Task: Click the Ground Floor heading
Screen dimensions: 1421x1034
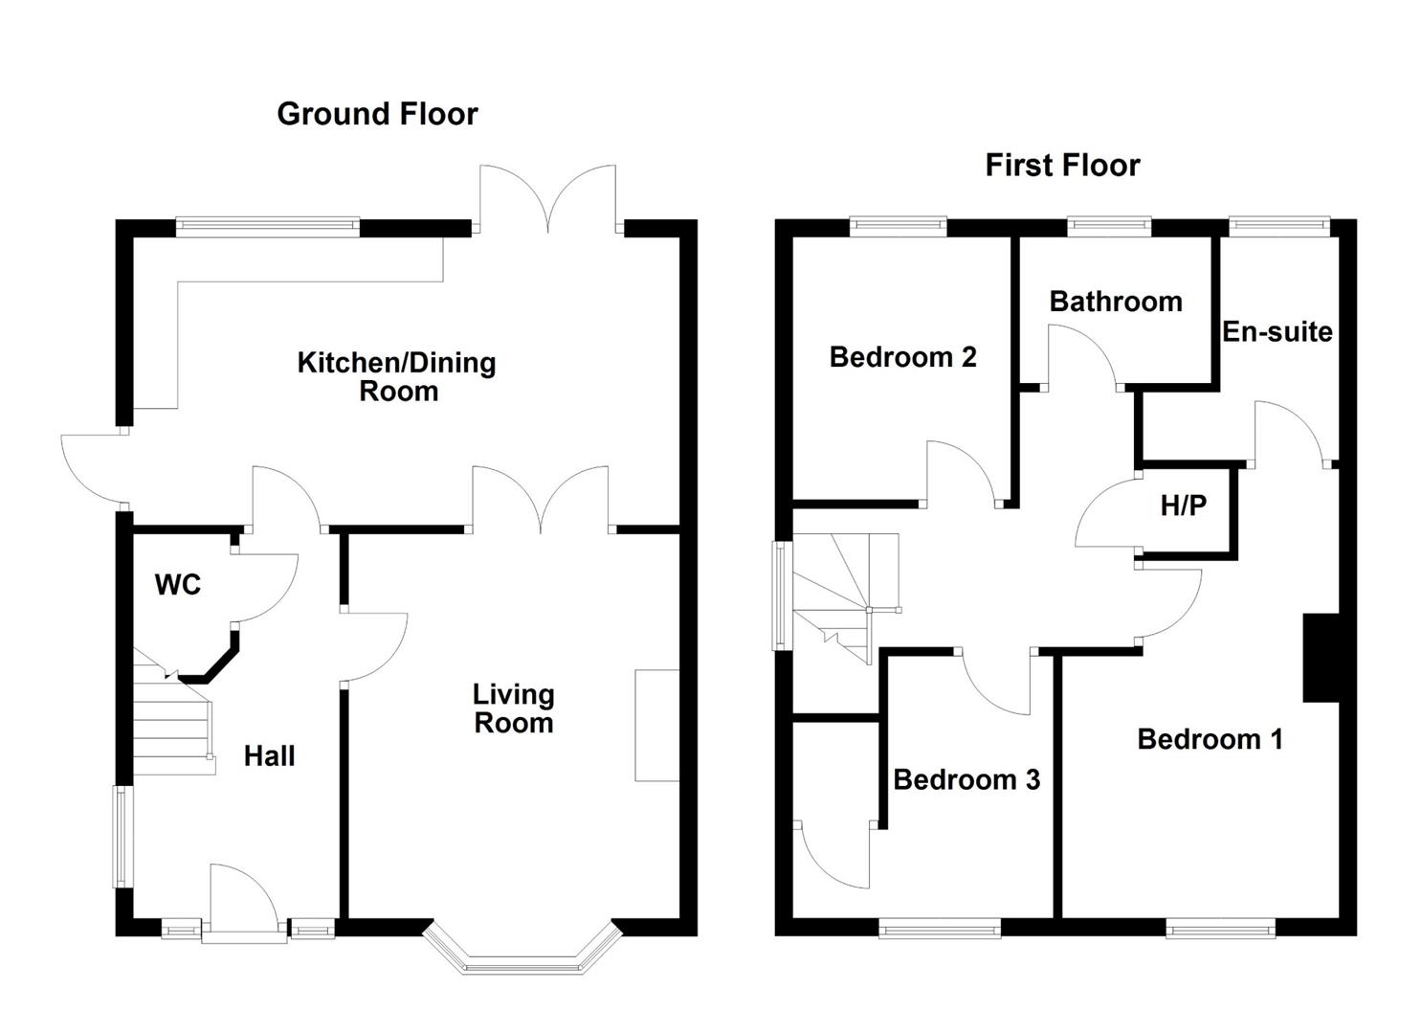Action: tap(377, 114)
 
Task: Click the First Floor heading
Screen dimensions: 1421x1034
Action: tap(1062, 165)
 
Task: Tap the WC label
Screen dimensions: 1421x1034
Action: tap(178, 585)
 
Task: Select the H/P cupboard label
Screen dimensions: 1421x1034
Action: tap(1184, 506)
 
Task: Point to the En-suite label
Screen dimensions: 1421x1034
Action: tap(1277, 331)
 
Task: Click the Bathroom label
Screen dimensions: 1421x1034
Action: tap(1116, 302)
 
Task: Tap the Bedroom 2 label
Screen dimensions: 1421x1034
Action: tap(902, 357)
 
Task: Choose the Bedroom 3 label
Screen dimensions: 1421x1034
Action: tap(966, 779)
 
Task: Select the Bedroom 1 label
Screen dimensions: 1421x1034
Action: tap(1210, 739)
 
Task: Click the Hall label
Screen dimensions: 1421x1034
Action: tap(270, 756)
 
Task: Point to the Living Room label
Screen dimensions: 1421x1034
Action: tap(514, 708)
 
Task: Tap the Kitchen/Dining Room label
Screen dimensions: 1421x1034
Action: tap(397, 377)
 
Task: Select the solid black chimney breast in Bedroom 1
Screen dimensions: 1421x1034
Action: tap(1321, 658)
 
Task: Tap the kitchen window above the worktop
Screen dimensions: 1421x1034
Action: tap(268, 227)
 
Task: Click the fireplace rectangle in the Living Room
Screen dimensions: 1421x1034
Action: tap(657, 725)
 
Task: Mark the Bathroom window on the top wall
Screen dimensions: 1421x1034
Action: tap(1109, 227)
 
